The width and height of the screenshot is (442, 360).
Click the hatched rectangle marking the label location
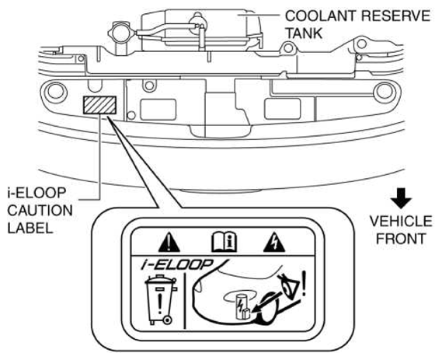point(99,105)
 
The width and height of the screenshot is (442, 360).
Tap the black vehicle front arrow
point(401,198)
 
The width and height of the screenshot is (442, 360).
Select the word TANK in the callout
point(304,33)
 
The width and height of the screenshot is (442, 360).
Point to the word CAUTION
point(40,211)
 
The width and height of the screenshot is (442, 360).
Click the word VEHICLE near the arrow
point(401,221)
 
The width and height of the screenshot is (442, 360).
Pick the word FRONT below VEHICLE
point(401,239)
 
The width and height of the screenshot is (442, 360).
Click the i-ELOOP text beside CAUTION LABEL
point(37,193)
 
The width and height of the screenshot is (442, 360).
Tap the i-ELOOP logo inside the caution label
point(177,264)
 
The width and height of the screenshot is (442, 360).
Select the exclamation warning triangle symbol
point(169,243)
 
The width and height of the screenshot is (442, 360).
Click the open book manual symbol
point(224,242)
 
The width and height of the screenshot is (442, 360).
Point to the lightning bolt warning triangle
point(274,243)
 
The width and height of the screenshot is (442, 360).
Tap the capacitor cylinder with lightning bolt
point(242,306)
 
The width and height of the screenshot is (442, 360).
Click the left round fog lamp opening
point(56,91)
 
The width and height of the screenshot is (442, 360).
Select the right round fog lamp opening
point(385,91)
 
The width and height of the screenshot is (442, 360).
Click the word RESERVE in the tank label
point(395,16)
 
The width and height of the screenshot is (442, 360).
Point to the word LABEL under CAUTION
point(30,228)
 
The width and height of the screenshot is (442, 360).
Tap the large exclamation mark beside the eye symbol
point(304,283)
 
